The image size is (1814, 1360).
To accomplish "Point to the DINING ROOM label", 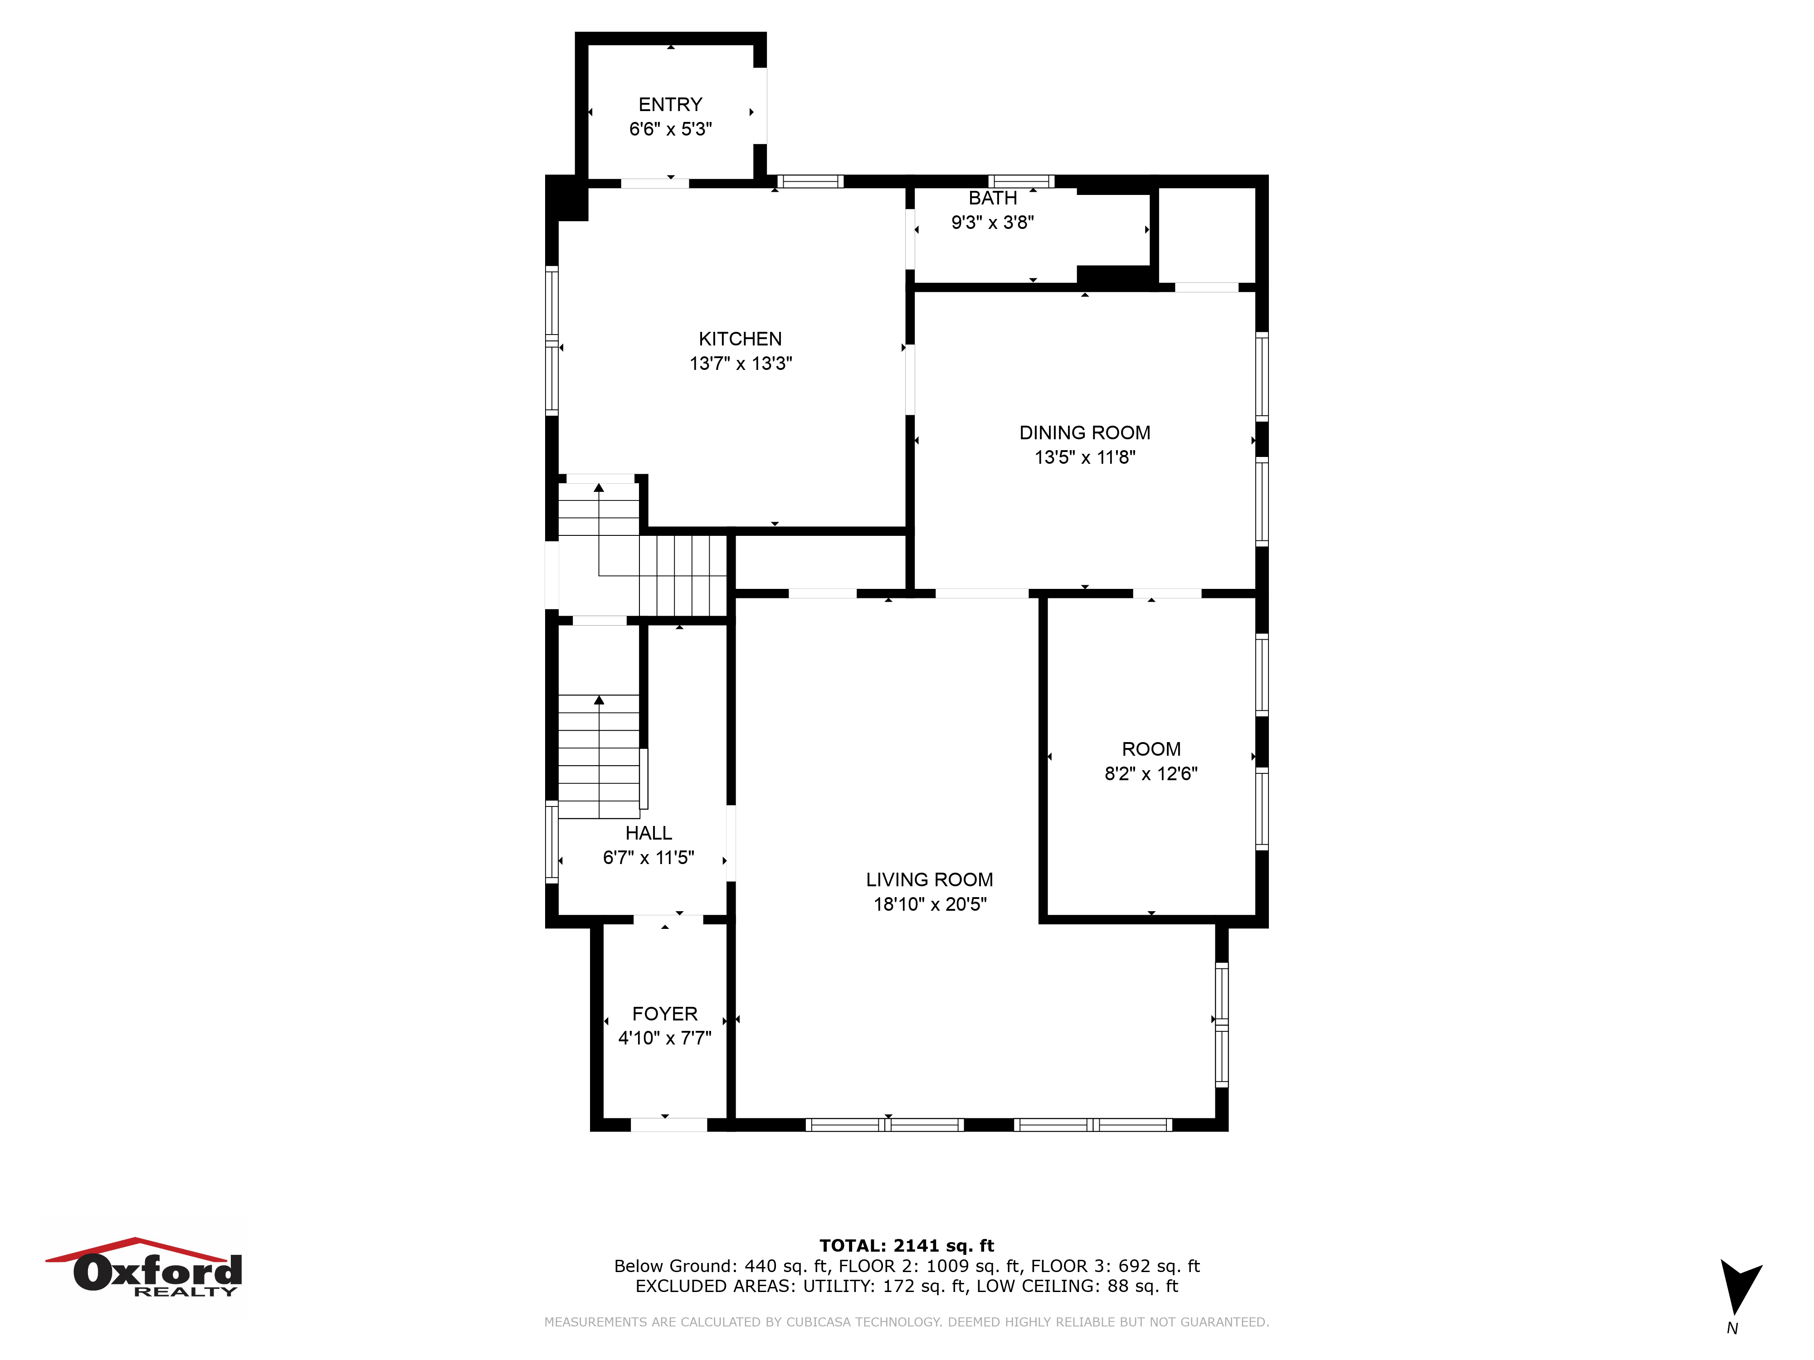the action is point(1084,433).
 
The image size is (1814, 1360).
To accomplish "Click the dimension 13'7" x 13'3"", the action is point(741,363).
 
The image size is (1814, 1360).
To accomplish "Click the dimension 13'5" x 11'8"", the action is point(1084,457).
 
